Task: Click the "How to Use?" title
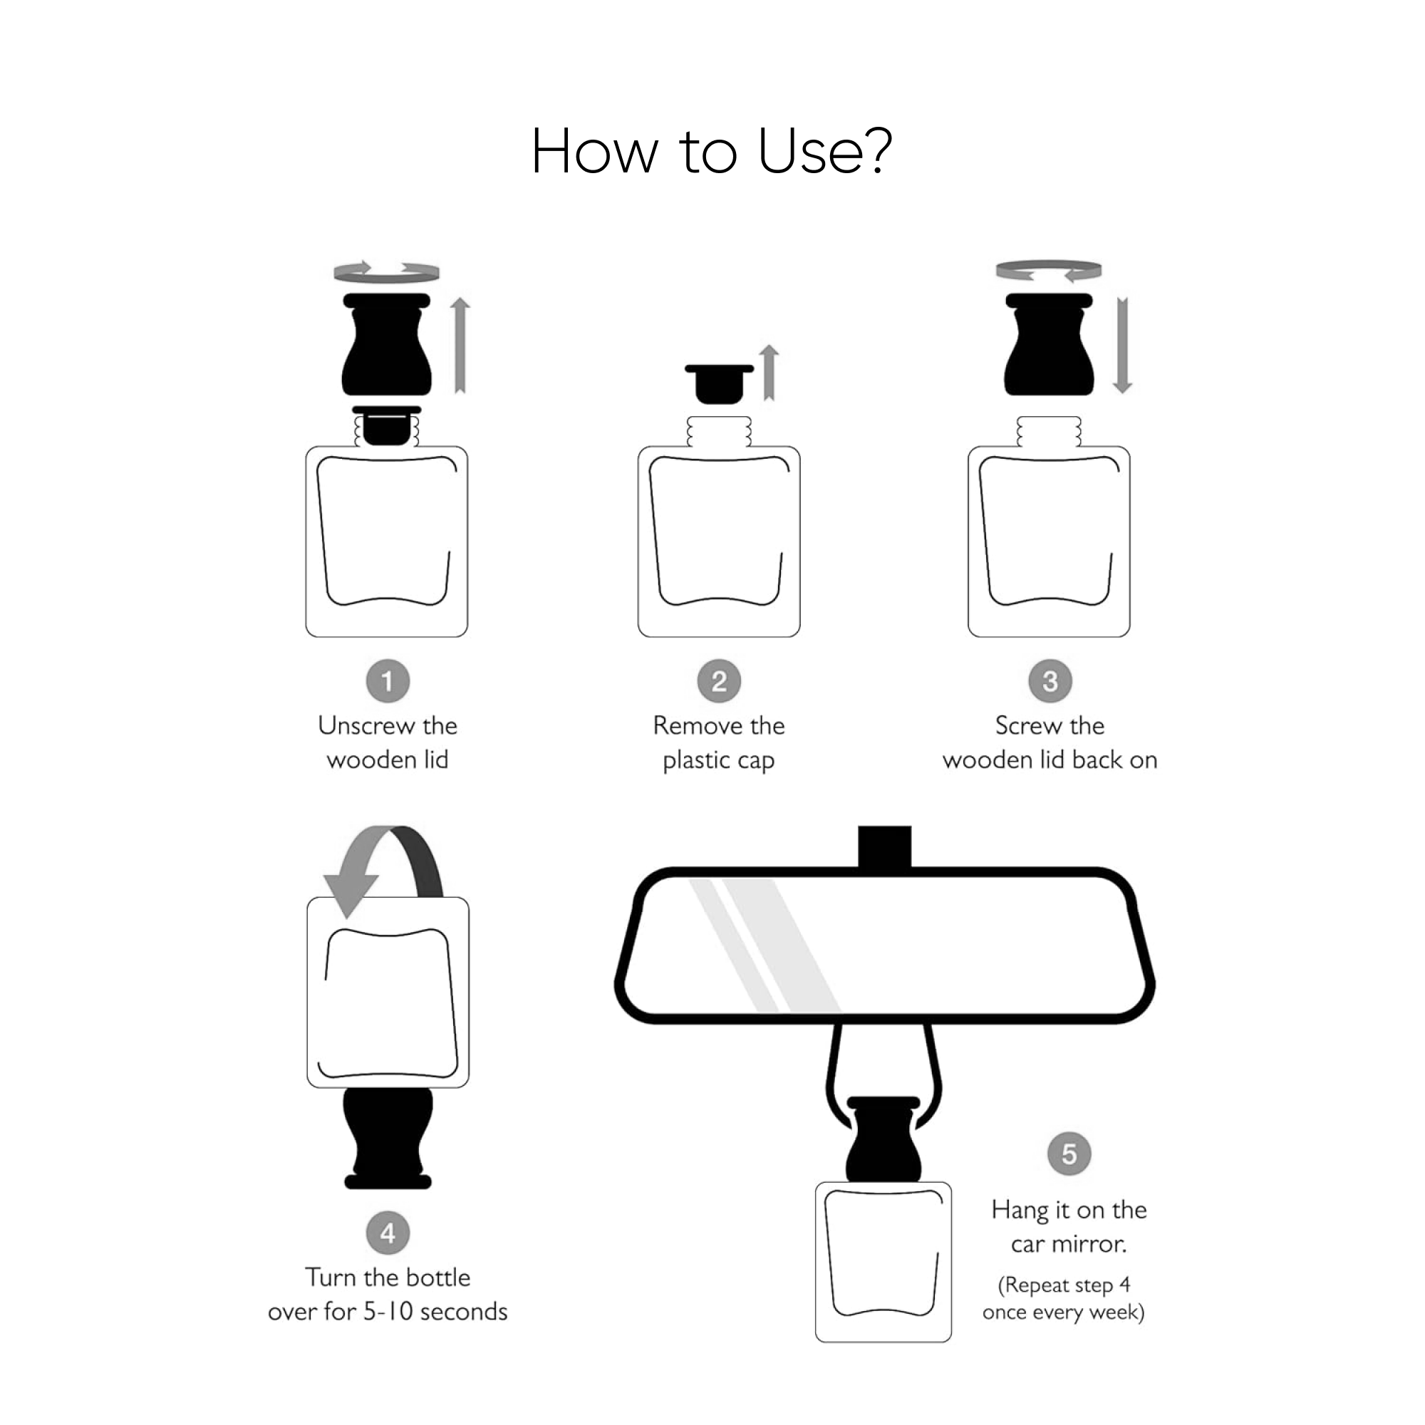click(712, 151)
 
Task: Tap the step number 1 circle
click(388, 680)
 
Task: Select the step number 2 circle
click(719, 680)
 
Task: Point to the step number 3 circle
click(1050, 680)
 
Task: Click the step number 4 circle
click(388, 1233)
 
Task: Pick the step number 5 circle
click(1069, 1154)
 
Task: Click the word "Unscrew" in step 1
click(366, 726)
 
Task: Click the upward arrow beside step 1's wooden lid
click(460, 345)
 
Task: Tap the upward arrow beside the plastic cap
click(769, 373)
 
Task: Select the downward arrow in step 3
click(1122, 345)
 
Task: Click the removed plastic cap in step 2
click(719, 383)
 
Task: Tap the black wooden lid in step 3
click(1049, 344)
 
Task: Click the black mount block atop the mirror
click(884, 847)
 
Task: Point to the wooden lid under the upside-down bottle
click(388, 1137)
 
